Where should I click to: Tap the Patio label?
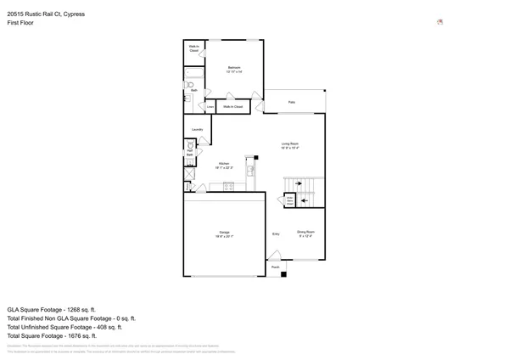pos(291,103)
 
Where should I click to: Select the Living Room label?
pos(290,145)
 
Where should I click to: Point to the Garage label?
pos(225,233)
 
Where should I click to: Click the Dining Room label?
pos(305,233)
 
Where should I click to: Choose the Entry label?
pos(276,233)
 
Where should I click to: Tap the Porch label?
pos(276,267)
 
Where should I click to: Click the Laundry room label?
pos(197,129)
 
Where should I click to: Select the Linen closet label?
pos(210,107)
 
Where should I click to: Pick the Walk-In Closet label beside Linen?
pos(233,107)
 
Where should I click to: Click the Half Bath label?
pos(190,153)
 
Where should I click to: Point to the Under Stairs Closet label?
pos(290,201)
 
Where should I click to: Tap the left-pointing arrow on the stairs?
pos(305,200)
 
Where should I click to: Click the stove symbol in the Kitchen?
pos(229,187)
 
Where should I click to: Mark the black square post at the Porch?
pos(283,273)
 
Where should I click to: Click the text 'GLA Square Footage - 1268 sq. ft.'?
pos(52,310)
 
